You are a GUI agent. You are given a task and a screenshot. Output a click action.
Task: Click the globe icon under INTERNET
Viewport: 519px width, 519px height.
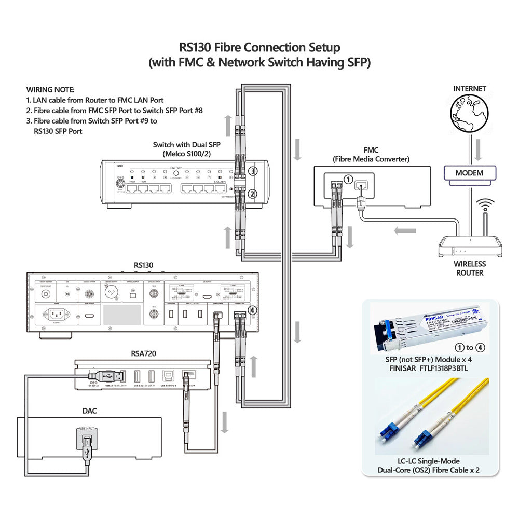(x=470, y=114)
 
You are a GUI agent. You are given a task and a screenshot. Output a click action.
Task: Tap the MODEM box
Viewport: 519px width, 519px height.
(x=470, y=173)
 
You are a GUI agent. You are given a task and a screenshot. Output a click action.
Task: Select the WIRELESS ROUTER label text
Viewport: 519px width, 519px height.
(x=470, y=268)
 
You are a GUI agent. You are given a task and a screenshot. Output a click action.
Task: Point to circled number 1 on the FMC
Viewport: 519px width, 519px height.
(x=348, y=179)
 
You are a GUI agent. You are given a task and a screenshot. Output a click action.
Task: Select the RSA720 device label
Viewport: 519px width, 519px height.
(x=144, y=354)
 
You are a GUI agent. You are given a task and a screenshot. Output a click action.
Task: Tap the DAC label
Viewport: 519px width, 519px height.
(x=89, y=411)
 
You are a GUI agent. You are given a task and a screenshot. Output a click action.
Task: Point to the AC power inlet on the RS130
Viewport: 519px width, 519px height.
(x=58, y=315)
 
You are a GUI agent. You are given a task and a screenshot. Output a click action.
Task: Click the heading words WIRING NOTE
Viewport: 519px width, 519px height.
(x=50, y=90)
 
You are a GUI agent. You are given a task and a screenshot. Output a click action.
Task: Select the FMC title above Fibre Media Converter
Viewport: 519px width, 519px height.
(x=371, y=150)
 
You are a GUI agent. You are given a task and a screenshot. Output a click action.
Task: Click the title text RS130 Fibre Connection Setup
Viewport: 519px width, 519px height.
(x=260, y=47)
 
